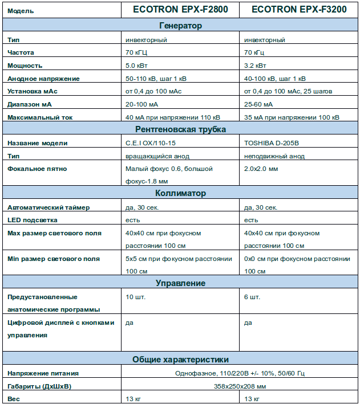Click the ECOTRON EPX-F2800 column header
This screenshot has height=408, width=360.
pos(180,10)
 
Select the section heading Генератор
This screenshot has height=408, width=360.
pos(180,26)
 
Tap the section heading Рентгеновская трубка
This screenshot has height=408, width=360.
pos(180,129)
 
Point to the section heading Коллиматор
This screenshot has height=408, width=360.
pos(180,194)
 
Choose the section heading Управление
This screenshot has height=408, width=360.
pos(180,283)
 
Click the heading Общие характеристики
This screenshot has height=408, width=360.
pos(180,360)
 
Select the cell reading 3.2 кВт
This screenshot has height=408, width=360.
pos(255,66)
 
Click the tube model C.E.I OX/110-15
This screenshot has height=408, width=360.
pos(151,143)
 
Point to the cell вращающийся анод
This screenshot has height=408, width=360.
pos(157,156)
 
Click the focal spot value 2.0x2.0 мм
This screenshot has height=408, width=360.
pos(261,169)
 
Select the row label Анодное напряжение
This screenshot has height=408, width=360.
pos(43,79)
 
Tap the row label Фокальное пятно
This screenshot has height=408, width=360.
pos(37,169)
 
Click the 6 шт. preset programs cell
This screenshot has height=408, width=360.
pos(252,297)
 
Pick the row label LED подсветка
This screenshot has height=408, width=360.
pos(33,220)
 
